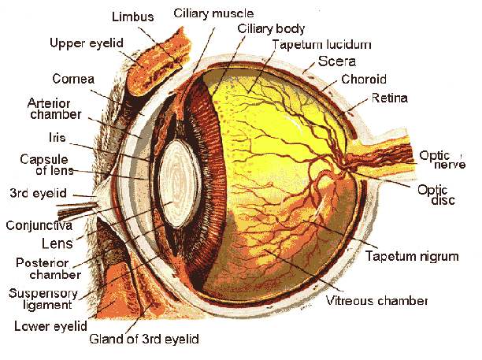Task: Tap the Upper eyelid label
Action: [x=86, y=42]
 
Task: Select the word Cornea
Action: [x=73, y=79]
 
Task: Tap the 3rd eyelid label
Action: [x=39, y=192]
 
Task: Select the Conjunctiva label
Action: [x=45, y=224]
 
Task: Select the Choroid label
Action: [x=364, y=80]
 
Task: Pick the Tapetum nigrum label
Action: [x=411, y=256]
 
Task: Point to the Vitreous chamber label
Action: [x=376, y=301]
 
